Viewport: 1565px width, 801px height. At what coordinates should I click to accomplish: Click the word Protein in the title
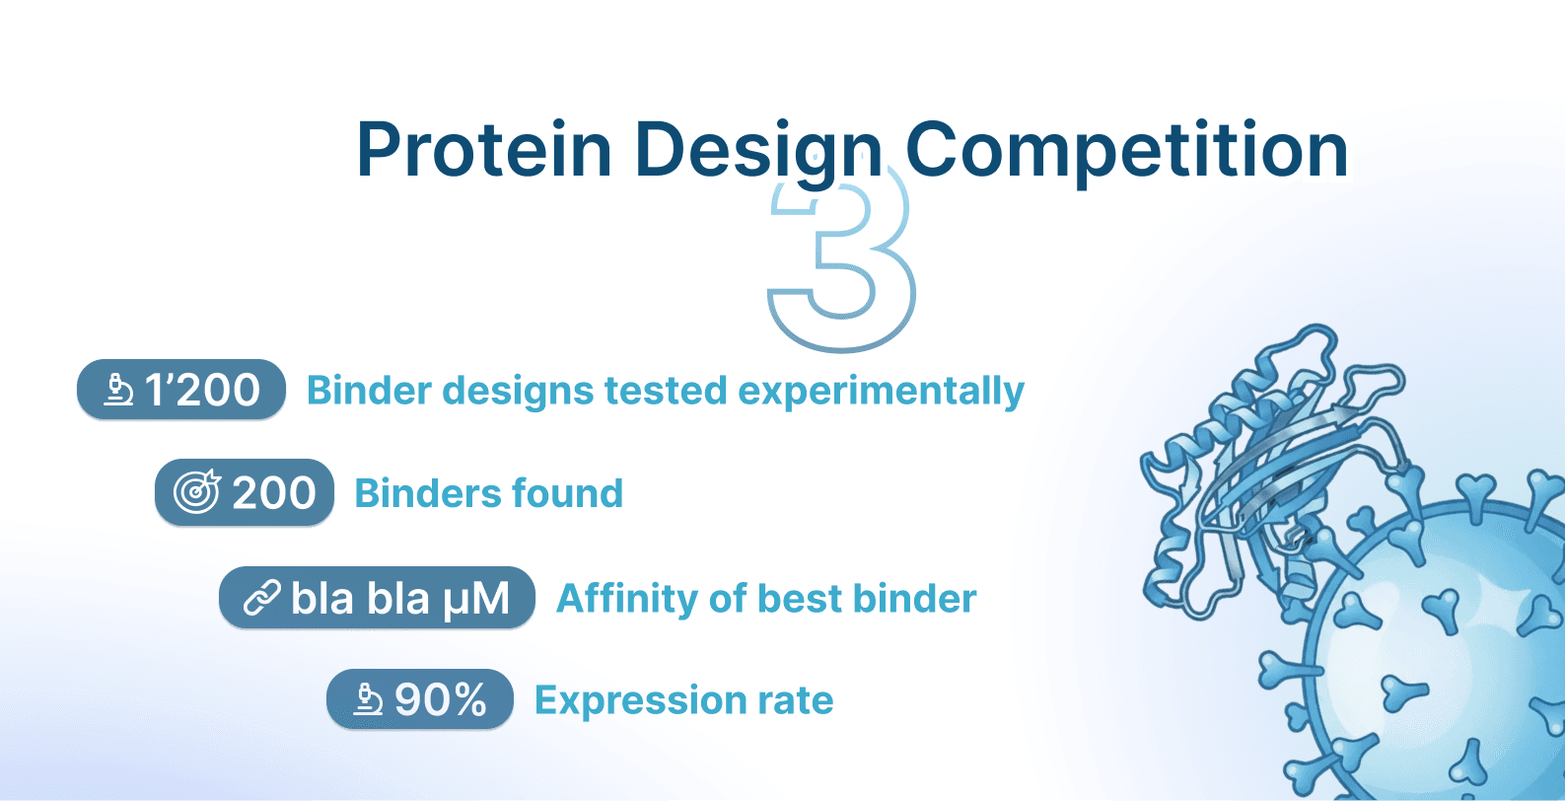point(484,150)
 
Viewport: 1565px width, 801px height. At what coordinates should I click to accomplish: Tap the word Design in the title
point(758,154)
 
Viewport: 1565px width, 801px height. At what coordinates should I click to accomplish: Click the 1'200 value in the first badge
point(202,390)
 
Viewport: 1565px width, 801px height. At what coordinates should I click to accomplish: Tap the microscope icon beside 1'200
point(118,390)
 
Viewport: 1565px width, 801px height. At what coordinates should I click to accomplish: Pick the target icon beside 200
point(197,492)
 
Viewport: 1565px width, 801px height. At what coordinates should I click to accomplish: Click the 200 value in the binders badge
point(274,493)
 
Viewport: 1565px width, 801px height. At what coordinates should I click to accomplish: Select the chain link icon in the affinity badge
point(262,599)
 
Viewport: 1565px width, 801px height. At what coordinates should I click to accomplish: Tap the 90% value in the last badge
point(440,699)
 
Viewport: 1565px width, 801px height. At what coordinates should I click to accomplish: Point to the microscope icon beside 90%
point(368,699)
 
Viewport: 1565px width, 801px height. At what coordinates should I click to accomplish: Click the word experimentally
point(881,392)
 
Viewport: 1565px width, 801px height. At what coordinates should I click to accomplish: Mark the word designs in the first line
point(518,392)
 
